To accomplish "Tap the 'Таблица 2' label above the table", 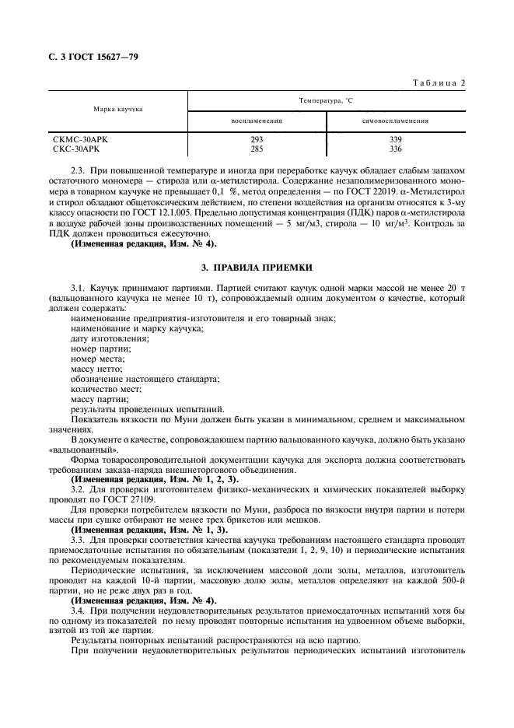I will pyautogui.click(x=439, y=82).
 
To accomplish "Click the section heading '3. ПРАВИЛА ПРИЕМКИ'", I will pyautogui.click(x=257, y=268).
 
